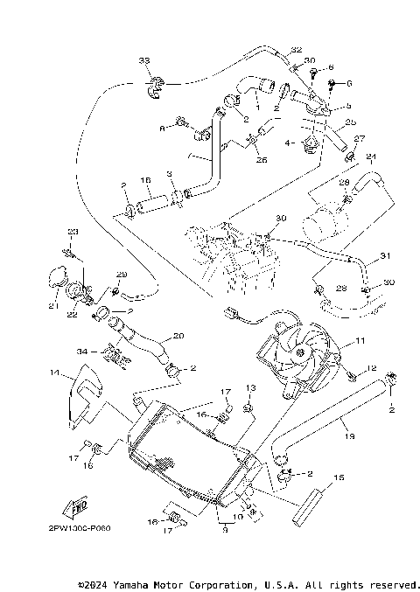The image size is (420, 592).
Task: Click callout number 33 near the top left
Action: point(144,59)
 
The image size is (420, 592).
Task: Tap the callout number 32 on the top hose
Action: point(296,50)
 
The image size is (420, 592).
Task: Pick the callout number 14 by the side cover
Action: point(54,373)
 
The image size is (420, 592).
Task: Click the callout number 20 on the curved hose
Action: point(178,335)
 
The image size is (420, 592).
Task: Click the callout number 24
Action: point(371,157)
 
